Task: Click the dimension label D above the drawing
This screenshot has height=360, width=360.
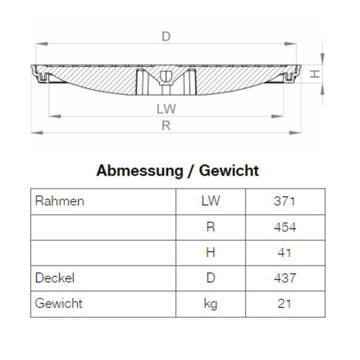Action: click(166, 37)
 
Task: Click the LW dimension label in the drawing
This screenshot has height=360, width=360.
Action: click(166, 109)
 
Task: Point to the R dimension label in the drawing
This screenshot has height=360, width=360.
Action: click(166, 125)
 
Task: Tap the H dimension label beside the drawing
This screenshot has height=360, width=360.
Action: click(313, 74)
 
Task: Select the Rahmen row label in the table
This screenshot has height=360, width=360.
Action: click(60, 201)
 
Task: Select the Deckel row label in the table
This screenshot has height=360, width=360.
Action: click(55, 278)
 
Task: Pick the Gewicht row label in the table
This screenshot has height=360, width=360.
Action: click(59, 304)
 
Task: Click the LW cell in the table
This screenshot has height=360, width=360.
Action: click(211, 201)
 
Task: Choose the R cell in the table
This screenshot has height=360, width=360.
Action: click(211, 227)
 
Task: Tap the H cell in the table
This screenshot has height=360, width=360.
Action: click(211, 253)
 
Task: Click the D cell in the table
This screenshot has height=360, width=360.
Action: click(211, 278)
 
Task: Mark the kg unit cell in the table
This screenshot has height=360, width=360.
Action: click(211, 304)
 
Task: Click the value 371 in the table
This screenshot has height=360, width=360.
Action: click(284, 201)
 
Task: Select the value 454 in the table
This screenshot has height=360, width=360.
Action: click(284, 227)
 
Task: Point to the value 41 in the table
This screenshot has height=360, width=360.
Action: click(284, 253)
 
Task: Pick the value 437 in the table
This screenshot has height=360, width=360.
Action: click(284, 278)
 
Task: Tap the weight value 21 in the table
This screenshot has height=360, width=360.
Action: click(284, 304)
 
